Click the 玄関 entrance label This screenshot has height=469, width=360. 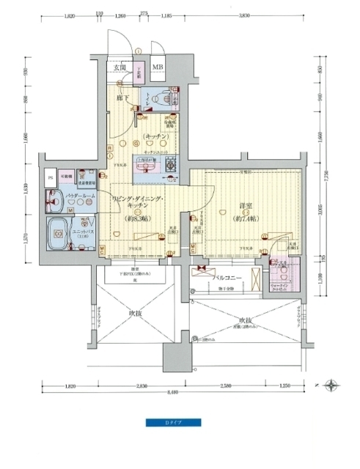(119, 68)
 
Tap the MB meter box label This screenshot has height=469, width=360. (158, 68)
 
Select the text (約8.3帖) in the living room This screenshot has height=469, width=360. (139, 217)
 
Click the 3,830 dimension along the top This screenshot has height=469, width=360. (244, 14)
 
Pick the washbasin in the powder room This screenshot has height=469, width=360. (54, 197)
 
